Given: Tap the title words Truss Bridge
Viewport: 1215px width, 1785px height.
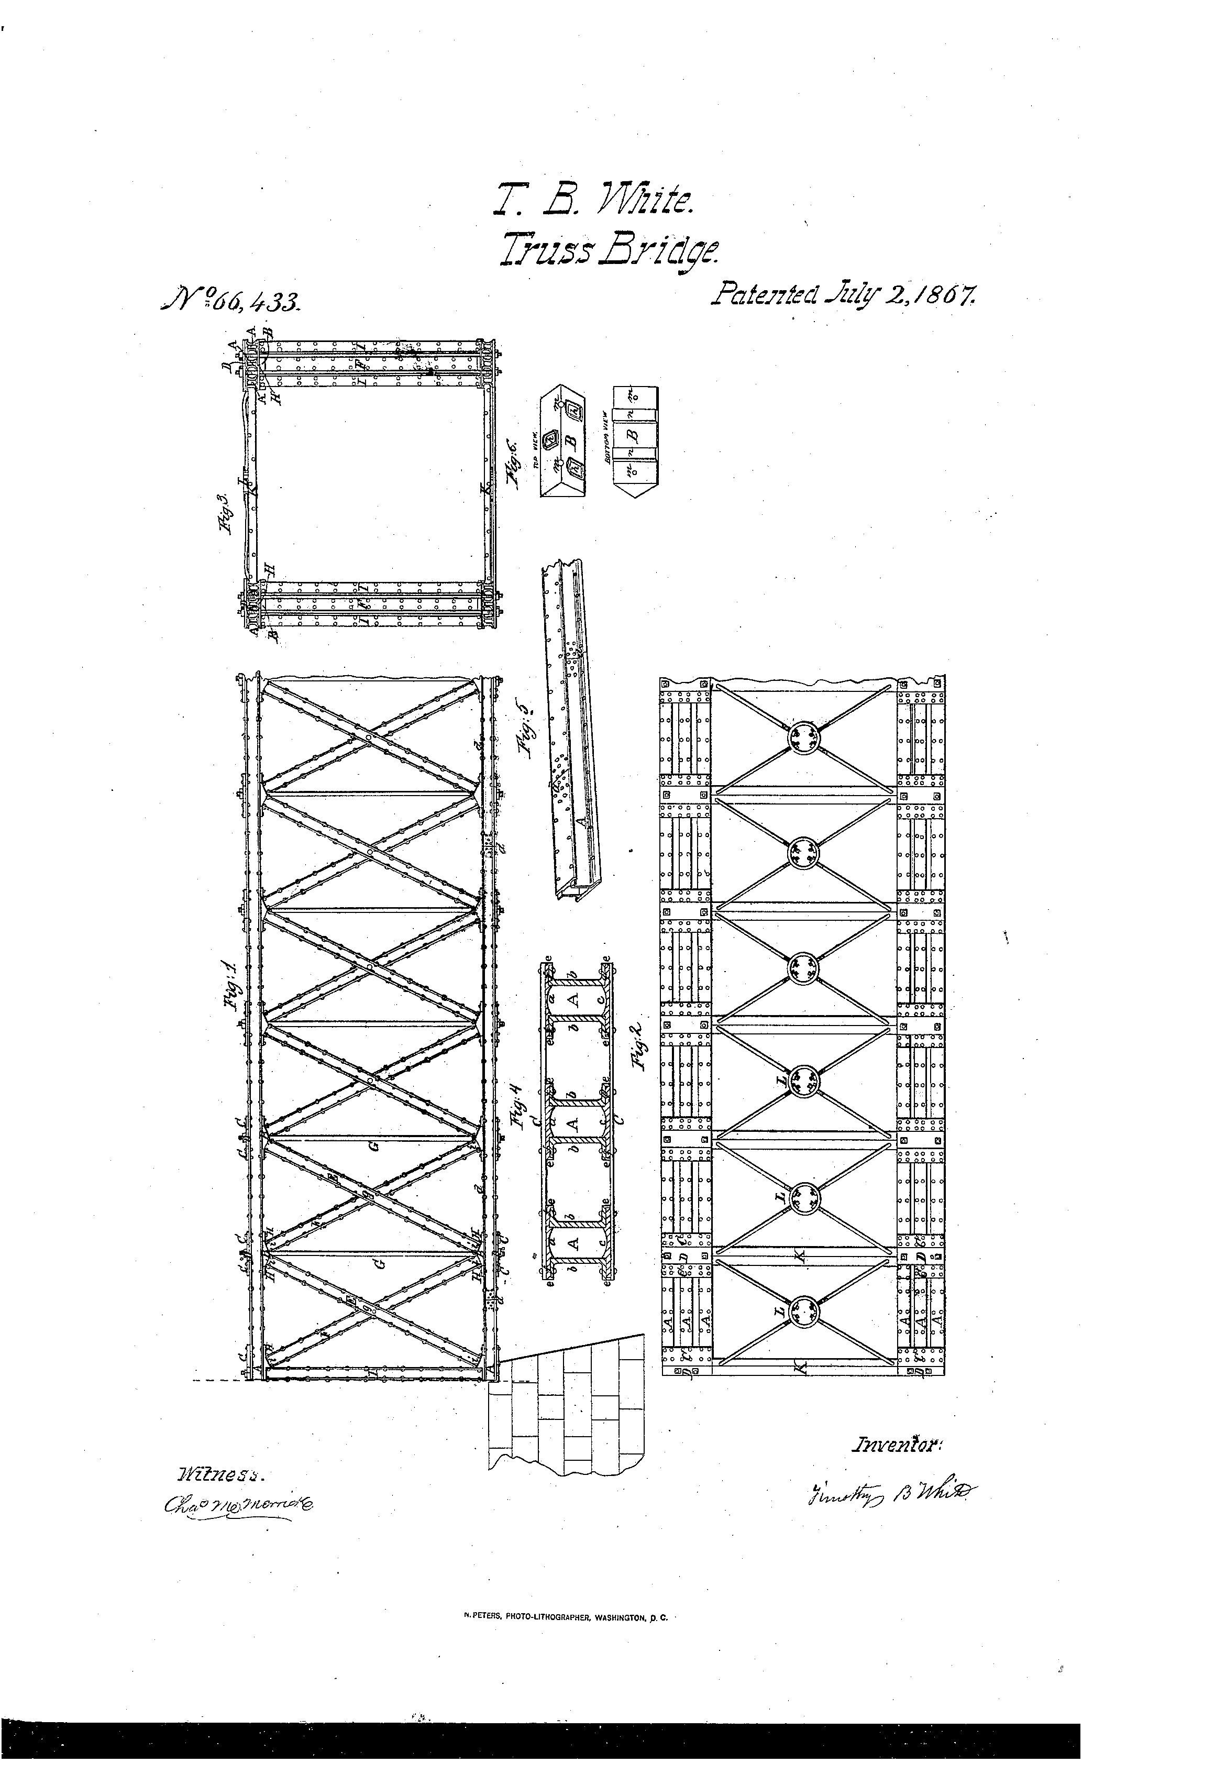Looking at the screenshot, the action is tap(610, 250).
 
